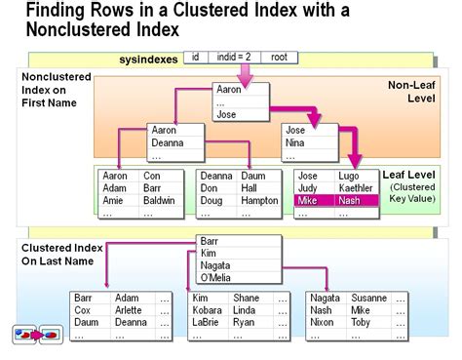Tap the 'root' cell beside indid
point(278,59)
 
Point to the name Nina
point(295,142)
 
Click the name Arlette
point(130,310)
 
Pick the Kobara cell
point(210,310)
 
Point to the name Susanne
point(368,298)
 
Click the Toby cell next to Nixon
point(361,323)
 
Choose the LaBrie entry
point(210,323)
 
